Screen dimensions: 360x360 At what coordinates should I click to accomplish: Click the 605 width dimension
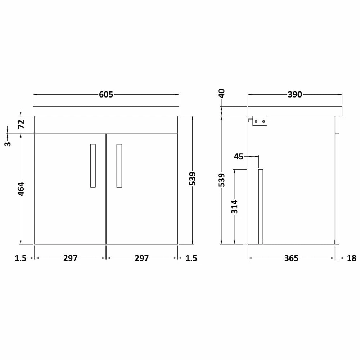[106, 95]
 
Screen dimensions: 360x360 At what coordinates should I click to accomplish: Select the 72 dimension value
[21, 124]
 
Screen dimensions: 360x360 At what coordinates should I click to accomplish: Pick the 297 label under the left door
[71, 258]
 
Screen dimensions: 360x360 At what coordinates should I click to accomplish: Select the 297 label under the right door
[142, 258]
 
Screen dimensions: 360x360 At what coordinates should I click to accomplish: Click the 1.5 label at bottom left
[21, 258]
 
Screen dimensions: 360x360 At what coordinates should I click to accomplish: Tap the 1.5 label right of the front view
[192, 258]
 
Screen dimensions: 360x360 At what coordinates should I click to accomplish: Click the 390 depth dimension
[294, 95]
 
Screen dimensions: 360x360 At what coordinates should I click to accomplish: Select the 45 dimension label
[239, 156]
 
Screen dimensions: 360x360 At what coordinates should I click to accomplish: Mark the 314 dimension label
[235, 207]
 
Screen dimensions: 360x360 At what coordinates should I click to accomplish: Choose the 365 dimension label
[291, 258]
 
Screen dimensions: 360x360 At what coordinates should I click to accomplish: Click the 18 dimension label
[352, 258]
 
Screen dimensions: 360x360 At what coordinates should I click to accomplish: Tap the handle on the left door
[93, 166]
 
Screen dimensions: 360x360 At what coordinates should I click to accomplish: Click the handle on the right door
[119, 166]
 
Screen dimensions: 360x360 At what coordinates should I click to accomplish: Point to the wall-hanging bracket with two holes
[260, 122]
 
